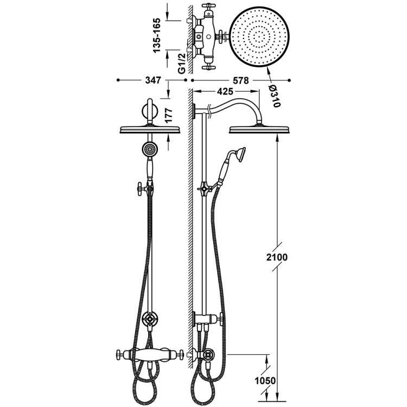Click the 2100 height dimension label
pos(277,257)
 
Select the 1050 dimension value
pos(265,381)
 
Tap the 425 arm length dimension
pos(225,91)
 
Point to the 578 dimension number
pos(240,80)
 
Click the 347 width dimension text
pos(153,80)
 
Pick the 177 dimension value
pos(169,116)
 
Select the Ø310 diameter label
pos(275,96)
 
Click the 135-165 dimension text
pos(157,36)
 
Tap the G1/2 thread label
pos(182,63)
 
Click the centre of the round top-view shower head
pos(259,37)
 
